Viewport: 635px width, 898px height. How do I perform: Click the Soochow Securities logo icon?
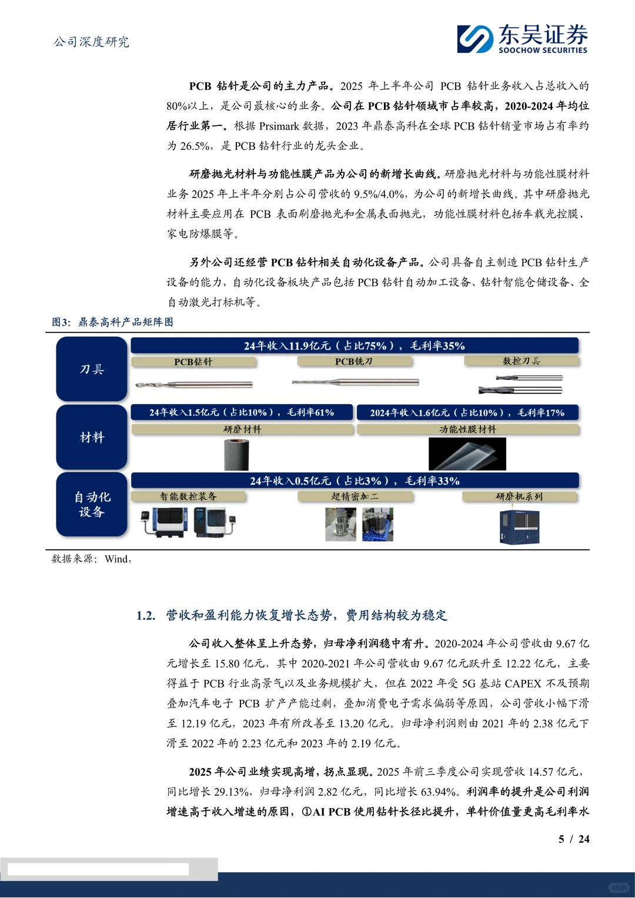pos(475,39)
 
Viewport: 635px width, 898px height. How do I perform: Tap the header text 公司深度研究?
pos(92,42)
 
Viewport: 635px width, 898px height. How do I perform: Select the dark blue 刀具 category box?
pos(92,369)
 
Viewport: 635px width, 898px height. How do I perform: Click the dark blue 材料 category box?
pos(92,437)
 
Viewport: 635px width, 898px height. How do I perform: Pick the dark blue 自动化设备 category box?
pos(92,504)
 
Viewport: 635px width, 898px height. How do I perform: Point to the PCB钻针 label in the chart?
pos(193,362)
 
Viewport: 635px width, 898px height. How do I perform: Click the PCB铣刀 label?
pos(353,362)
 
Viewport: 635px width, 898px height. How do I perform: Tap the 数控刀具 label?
pos(521,361)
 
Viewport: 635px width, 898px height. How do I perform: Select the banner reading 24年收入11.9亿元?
pos(354,346)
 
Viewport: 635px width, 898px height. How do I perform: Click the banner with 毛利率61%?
pos(242,412)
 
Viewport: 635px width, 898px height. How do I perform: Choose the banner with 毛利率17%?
pos(467,412)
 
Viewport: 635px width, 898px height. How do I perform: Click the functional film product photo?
pos(467,454)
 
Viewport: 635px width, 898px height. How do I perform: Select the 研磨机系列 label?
pos(519,497)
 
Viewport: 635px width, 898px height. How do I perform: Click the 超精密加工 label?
pos(355,497)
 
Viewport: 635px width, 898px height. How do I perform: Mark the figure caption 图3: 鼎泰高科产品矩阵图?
pos(112,322)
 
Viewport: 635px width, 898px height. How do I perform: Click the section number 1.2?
pos(146,616)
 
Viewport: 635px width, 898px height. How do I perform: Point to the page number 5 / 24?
pos(573,839)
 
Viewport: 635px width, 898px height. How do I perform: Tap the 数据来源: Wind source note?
pos(91,559)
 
